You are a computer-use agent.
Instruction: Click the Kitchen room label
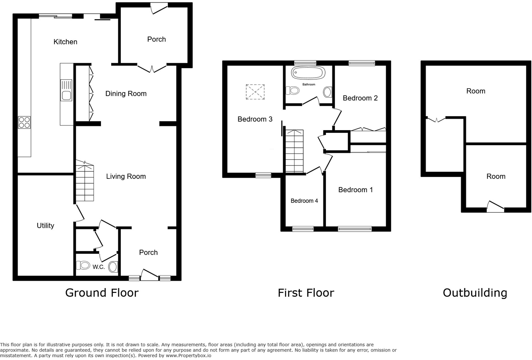(x=65, y=42)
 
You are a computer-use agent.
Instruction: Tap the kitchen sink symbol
(x=66, y=90)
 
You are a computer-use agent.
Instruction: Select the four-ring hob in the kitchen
(x=24, y=123)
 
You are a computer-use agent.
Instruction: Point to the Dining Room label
(x=126, y=94)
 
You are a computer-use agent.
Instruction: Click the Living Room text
(x=126, y=177)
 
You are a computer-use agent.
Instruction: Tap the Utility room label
(x=45, y=226)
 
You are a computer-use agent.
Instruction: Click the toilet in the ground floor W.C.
(x=83, y=265)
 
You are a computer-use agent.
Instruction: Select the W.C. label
(x=98, y=267)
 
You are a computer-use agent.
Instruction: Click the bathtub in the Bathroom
(x=308, y=73)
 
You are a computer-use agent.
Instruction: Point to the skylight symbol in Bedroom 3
(x=255, y=92)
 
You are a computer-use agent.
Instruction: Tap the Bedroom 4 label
(x=304, y=201)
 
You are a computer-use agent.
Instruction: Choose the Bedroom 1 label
(x=355, y=190)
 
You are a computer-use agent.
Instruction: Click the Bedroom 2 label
(x=360, y=98)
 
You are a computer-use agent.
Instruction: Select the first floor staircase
(x=294, y=151)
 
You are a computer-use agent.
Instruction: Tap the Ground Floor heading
(x=102, y=293)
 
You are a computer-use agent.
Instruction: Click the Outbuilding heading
(x=475, y=293)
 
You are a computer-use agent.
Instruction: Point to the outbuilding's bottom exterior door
(x=495, y=207)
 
